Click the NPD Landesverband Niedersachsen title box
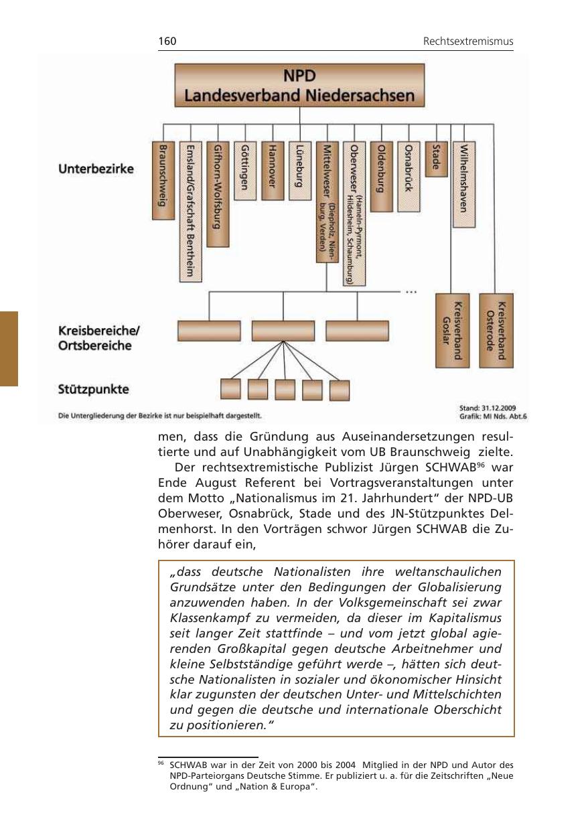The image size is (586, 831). (x=299, y=86)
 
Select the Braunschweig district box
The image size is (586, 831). (x=162, y=180)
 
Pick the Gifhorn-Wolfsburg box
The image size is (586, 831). (x=218, y=194)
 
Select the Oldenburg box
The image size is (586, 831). (x=382, y=176)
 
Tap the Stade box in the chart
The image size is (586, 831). (x=436, y=158)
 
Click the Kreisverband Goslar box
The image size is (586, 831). (x=452, y=330)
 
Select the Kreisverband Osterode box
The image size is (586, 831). (x=496, y=330)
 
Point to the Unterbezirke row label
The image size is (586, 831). (x=96, y=169)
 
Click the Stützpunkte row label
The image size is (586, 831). (x=94, y=389)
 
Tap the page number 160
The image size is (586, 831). (x=167, y=42)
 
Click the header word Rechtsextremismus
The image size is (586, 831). (x=468, y=42)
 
